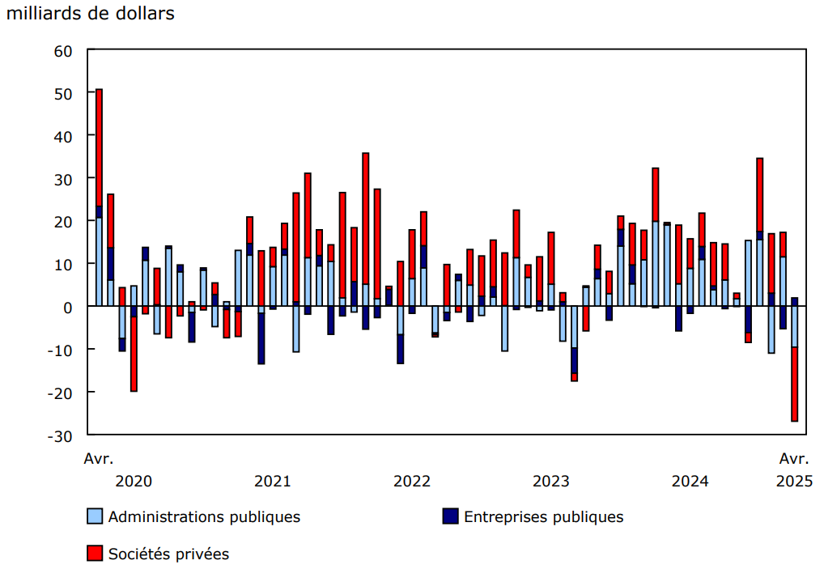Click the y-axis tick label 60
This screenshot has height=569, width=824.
pos(63,51)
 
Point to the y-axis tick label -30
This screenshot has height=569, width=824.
pos(60,435)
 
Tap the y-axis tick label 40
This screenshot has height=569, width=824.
pos(63,136)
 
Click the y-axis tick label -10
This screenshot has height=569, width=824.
pos(60,350)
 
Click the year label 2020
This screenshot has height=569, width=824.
pos(134,481)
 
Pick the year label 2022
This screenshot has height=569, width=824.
pos(412,481)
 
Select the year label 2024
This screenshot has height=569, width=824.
pos(690,481)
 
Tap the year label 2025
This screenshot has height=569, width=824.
pos(794,481)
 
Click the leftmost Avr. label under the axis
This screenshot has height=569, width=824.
pos(99,459)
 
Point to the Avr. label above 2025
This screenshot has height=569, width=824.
pos(794,459)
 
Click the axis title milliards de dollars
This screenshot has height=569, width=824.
pos(90,15)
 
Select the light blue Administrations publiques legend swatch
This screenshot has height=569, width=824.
pos(95,516)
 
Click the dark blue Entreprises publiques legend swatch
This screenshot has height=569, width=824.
pos(451,516)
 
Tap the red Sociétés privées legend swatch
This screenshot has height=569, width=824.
pos(95,554)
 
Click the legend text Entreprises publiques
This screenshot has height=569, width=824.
pos(543,516)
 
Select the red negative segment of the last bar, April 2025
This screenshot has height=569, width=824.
pos(794,384)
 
